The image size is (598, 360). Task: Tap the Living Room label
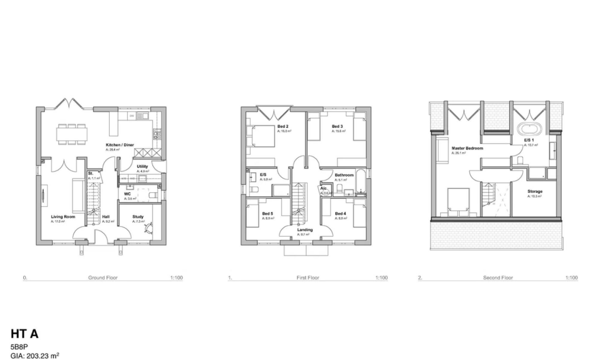click(61, 217)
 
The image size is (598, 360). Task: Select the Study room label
click(138, 217)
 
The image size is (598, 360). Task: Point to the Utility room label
click(142, 166)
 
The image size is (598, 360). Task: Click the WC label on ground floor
click(127, 193)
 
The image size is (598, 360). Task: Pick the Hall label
click(106, 217)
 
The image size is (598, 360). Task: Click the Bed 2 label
click(284, 126)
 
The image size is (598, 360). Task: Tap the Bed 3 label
click(337, 126)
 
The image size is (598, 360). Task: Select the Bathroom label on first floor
click(344, 175)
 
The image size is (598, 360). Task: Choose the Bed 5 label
click(267, 213)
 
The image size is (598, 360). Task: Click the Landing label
click(305, 230)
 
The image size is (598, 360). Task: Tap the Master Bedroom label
click(467, 148)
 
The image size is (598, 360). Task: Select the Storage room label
click(534, 191)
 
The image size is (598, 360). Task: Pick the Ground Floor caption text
click(103, 278)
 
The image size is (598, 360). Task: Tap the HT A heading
click(25, 334)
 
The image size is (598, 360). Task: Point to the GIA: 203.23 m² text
click(35, 355)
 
